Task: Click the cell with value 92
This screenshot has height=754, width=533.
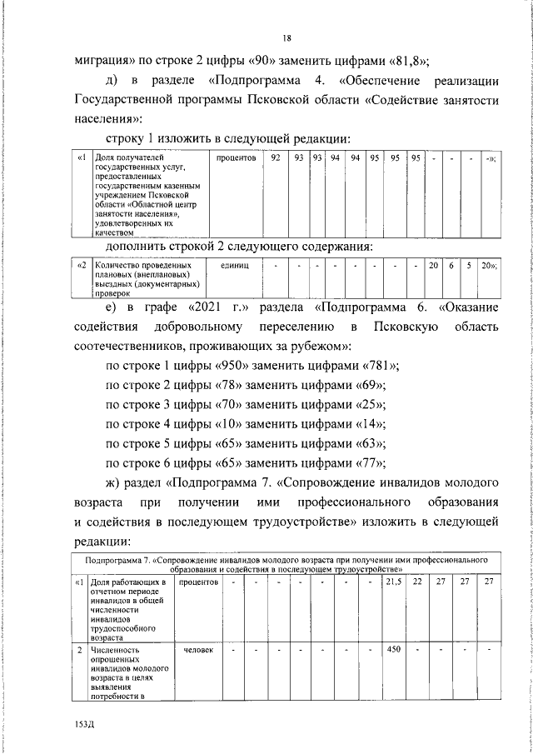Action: tap(275, 157)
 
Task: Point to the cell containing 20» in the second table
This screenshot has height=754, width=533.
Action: tap(489, 265)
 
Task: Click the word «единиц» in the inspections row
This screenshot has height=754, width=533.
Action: tap(236, 265)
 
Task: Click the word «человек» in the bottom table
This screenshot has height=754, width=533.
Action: tap(197, 647)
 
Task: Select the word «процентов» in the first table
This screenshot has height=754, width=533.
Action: tap(236, 157)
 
